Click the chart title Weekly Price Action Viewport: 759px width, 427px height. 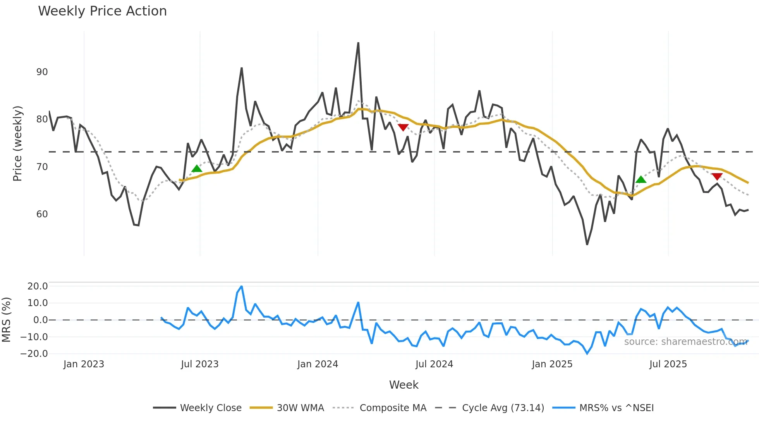pyautogui.click(x=102, y=11)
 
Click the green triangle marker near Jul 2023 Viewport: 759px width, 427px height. pyautogui.click(x=197, y=169)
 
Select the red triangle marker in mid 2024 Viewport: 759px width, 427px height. pyautogui.click(x=403, y=127)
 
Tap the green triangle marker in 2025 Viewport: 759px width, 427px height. pyautogui.click(x=641, y=179)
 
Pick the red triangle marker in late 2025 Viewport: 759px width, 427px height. pyautogui.click(x=717, y=177)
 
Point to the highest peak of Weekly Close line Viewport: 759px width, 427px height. pyautogui.click(x=358, y=43)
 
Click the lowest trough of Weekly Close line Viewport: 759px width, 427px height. pyautogui.click(x=587, y=244)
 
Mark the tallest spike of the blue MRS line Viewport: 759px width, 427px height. pyautogui.click(x=242, y=287)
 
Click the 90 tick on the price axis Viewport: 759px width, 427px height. pyautogui.click(x=42, y=72)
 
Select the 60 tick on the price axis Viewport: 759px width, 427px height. pyautogui.click(x=42, y=214)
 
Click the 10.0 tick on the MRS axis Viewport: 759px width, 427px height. pyautogui.click(x=37, y=303)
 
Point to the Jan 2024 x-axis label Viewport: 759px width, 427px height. pyautogui.click(x=318, y=364)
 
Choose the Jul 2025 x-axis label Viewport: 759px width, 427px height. pyautogui.click(x=668, y=364)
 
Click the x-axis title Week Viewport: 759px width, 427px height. pyautogui.click(x=404, y=385)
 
